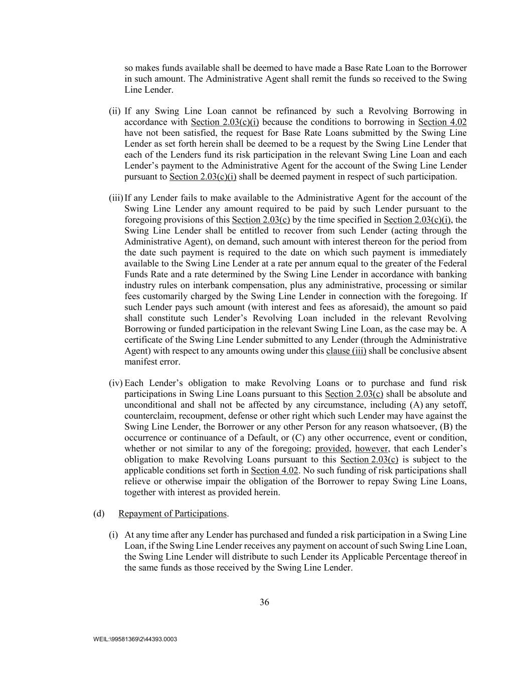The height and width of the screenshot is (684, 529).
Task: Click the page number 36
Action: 264,602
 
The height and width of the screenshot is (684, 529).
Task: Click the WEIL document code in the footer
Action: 135,639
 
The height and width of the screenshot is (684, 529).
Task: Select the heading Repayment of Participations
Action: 172,514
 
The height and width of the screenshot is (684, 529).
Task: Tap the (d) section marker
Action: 99,514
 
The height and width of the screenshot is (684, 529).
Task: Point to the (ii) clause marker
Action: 115,111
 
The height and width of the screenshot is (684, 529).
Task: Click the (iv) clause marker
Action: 116,383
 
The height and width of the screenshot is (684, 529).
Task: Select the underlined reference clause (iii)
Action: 346,351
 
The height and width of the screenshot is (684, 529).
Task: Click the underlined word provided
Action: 332,448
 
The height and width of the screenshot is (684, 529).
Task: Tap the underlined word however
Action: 372,448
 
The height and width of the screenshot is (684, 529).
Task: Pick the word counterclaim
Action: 147,416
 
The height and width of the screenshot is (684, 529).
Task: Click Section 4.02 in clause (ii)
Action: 442,122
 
